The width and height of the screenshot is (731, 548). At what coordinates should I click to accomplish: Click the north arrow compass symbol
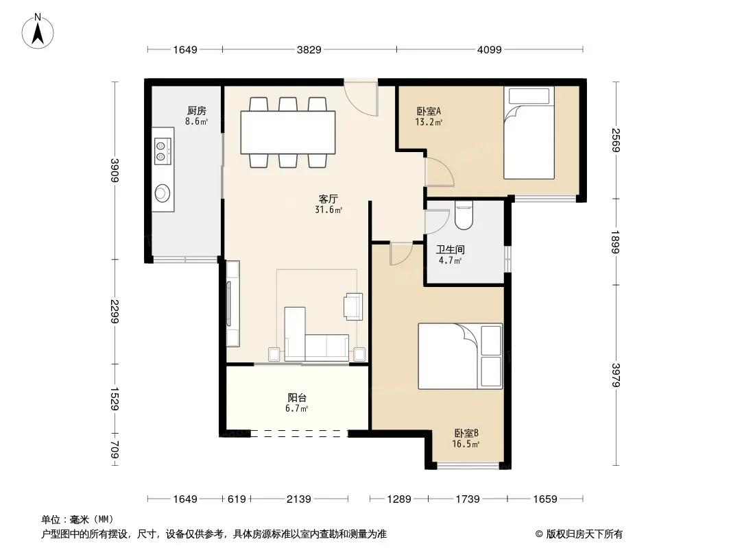(38, 32)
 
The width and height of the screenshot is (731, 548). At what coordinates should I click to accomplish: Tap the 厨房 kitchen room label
(196, 111)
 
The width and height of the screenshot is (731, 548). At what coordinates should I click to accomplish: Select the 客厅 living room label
(328, 199)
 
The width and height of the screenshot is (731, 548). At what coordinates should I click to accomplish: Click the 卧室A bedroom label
(429, 111)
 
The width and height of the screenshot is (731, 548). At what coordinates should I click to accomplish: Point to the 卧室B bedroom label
(466, 433)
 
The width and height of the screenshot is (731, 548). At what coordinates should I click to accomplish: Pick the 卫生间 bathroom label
(450, 249)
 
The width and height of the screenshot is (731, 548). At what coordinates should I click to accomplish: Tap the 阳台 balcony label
(297, 397)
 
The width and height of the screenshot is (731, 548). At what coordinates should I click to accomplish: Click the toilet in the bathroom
(464, 215)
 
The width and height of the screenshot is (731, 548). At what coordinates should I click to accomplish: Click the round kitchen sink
(163, 192)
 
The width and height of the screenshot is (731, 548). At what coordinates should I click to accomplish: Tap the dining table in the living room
(288, 132)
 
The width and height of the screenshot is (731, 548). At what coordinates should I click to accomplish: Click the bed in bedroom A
(529, 133)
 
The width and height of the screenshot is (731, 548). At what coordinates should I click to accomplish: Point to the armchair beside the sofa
(353, 306)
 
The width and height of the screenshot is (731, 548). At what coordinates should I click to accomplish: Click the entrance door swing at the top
(361, 99)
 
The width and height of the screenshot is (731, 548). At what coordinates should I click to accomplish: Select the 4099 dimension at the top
(490, 49)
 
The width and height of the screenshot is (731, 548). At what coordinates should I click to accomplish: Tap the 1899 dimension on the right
(615, 242)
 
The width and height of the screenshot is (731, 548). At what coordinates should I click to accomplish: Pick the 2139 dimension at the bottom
(299, 499)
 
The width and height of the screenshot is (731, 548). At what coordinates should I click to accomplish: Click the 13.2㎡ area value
(429, 122)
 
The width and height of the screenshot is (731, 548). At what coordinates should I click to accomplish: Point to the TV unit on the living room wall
(232, 303)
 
